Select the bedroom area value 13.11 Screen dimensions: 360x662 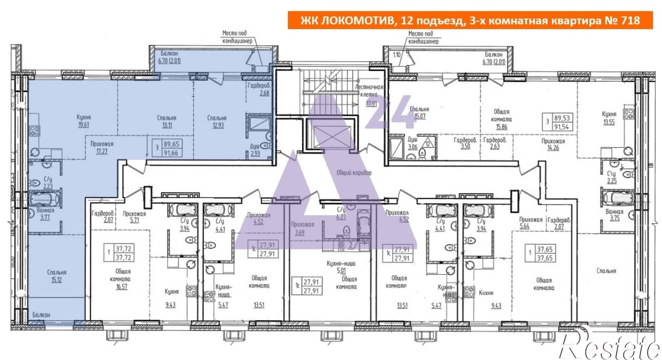166,125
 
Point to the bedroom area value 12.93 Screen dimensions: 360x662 217,126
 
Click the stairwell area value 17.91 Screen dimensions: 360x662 371,104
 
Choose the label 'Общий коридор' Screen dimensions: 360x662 354,173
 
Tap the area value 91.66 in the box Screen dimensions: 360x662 171,153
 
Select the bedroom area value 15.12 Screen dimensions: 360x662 56,280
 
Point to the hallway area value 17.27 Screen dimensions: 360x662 102,152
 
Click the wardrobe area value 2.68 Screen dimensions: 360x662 264,93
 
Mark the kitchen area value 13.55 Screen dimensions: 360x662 609,122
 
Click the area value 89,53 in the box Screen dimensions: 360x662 562,118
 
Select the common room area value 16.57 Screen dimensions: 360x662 121,287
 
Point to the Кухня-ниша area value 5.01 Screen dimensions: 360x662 341,271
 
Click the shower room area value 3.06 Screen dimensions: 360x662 412,147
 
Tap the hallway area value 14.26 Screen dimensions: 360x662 553,148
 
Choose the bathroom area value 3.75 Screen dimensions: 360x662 614,218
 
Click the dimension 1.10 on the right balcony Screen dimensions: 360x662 397,55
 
